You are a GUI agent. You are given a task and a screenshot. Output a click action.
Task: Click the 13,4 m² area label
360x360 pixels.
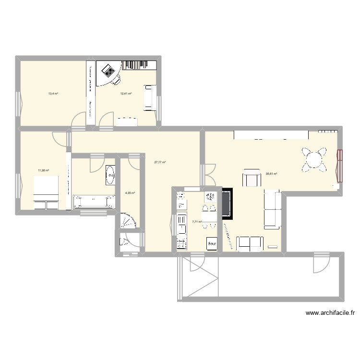(53, 94)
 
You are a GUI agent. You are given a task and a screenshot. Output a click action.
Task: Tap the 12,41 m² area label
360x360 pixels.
(126, 94)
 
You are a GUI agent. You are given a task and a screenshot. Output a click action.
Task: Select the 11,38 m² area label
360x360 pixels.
(43, 170)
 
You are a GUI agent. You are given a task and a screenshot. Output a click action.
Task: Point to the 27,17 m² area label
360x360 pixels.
(160, 162)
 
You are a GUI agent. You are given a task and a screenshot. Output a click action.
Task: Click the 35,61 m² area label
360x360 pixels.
(271, 174)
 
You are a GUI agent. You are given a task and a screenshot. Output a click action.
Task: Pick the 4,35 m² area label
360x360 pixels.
(130, 193)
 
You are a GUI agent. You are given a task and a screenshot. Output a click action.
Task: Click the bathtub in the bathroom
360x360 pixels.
(94, 202)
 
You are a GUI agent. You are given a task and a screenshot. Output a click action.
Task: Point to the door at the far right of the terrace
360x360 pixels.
(320, 263)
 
